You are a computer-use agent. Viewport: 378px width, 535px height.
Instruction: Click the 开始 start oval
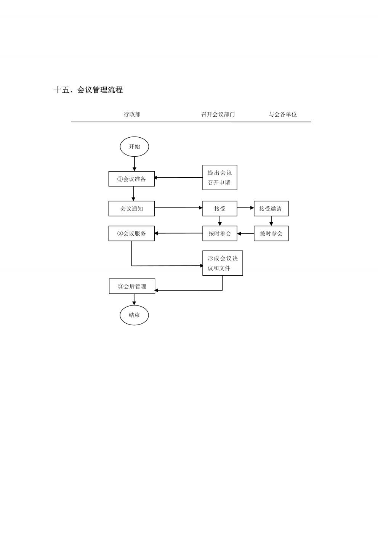click(x=135, y=147)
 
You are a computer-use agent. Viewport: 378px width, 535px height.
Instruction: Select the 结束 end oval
click(x=134, y=315)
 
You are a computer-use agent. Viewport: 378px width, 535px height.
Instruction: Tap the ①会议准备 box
click(x=131, y=179)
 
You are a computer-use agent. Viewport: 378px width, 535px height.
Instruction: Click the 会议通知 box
click(x=131, y=209)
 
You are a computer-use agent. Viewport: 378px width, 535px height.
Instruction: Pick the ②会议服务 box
click(x=131, y=233)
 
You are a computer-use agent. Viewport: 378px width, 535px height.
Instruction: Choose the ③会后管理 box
click(x=132, y=286)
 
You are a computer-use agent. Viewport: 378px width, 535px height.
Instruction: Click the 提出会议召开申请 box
click(x=220, y=177)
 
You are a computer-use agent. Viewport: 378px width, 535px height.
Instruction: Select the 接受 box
click(x=220, y=209)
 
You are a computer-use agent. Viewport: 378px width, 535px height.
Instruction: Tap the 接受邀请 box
click(x=271, y=209)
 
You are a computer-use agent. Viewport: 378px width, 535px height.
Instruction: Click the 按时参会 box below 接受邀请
click(x=271, y=233)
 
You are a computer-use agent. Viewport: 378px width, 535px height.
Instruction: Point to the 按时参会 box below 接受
click(x=220, y=233)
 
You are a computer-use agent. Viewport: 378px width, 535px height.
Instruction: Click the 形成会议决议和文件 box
click(x=223, y=263)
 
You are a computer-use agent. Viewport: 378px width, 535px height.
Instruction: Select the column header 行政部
click(x=132, y=114)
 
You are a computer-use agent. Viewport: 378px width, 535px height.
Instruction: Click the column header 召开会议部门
click(x=218, y=114)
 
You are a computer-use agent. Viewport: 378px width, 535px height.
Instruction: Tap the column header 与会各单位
click(x=282, y=114)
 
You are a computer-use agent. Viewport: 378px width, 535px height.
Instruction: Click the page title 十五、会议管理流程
click(x=88, y=90)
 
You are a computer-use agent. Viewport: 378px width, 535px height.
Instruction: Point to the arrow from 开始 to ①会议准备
click(x=135, y=164)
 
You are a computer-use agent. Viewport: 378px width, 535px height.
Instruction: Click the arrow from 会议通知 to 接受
click(x=178, y=208)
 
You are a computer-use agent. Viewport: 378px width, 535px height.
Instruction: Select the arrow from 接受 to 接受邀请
click(x=245, y=208)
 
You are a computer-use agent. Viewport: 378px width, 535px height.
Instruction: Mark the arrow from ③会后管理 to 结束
click(x=134, y=299)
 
